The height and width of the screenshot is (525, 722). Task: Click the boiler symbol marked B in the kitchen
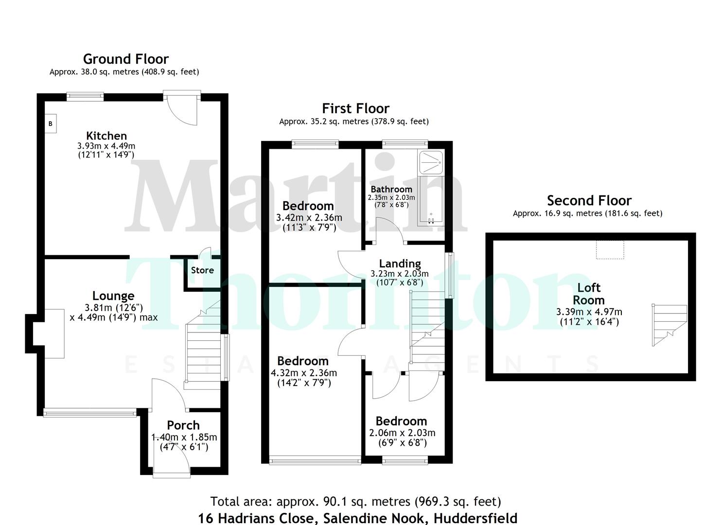pos(50,124)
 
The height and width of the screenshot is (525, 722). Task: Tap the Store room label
pos(202,270)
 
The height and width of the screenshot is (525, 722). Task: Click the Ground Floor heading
pos(126,59)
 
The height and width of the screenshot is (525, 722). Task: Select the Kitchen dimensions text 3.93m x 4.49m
pos(106,146)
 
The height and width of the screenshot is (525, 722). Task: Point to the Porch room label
pos(183,425)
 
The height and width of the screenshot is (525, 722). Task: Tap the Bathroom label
pos(391,189)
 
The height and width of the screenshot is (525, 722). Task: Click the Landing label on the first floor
pos(400,263)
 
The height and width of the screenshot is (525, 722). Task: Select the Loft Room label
pos(589,294)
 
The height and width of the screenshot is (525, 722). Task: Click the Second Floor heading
pos(589,201)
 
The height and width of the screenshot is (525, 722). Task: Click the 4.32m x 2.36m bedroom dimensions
pos(304,373)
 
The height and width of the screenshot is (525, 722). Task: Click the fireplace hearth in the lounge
pos(55,333)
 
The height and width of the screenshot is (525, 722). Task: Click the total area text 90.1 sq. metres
pos(355,501)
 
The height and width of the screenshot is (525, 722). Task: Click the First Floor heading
pos(355,108)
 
